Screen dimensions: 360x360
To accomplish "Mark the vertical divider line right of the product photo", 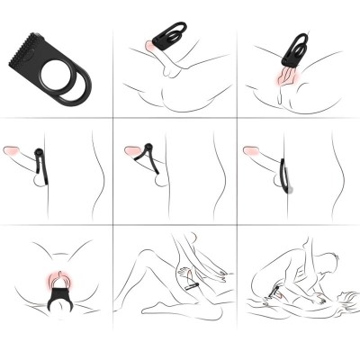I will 113,58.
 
